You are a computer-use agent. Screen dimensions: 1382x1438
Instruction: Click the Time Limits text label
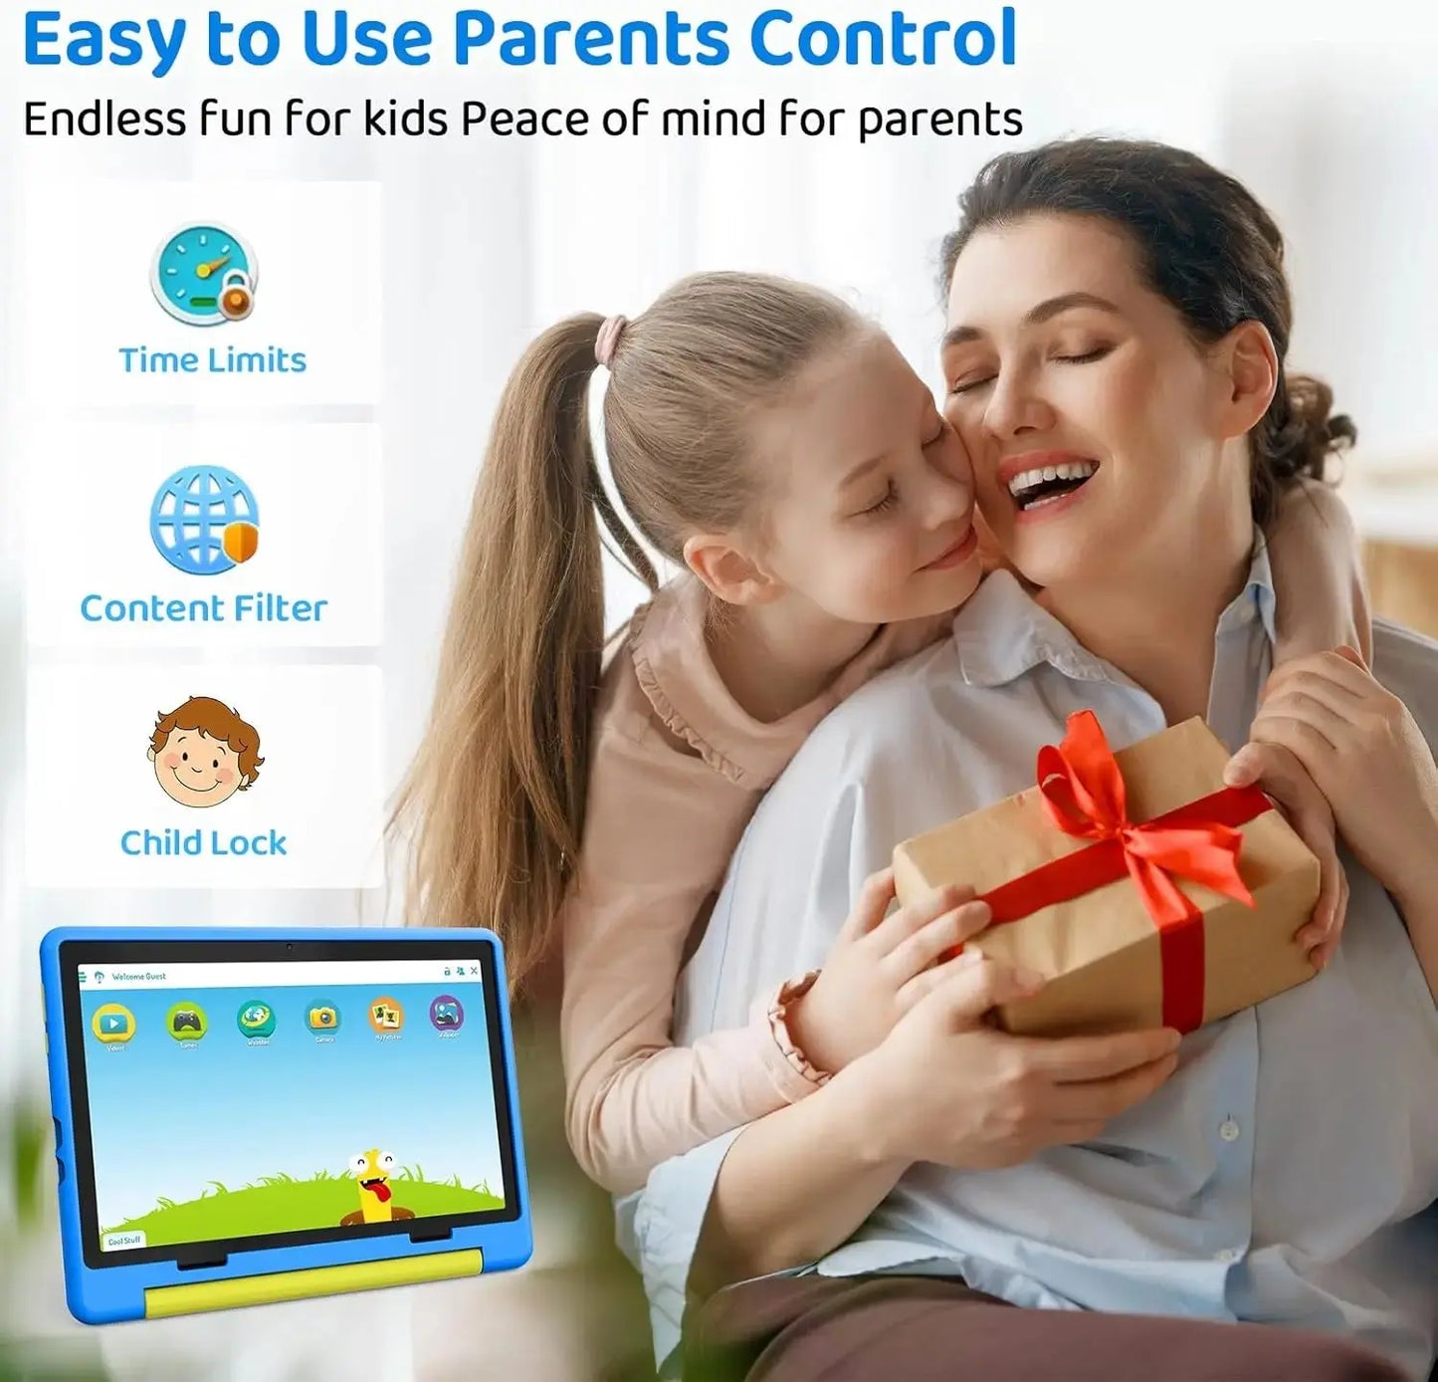click(212, 359)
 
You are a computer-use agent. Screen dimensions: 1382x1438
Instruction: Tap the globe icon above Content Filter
click(204, 519)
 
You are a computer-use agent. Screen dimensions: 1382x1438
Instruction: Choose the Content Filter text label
click(203, 607)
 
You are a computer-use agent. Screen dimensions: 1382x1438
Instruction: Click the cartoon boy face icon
click(204, 753)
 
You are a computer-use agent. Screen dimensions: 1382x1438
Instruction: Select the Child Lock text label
click(203, 842)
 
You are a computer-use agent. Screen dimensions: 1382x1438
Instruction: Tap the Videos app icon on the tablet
click(114, 1023)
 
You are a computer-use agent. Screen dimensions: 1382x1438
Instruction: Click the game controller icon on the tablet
click(186, 1021)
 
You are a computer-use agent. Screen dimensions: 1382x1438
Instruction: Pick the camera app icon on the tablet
click(323, 1017)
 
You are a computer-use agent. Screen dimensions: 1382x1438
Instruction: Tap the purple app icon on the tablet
click(447, 1014)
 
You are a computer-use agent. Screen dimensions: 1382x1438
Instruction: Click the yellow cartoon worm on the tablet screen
click(372, 1184)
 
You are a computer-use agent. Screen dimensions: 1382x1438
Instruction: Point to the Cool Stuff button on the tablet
click(124, 1240)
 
